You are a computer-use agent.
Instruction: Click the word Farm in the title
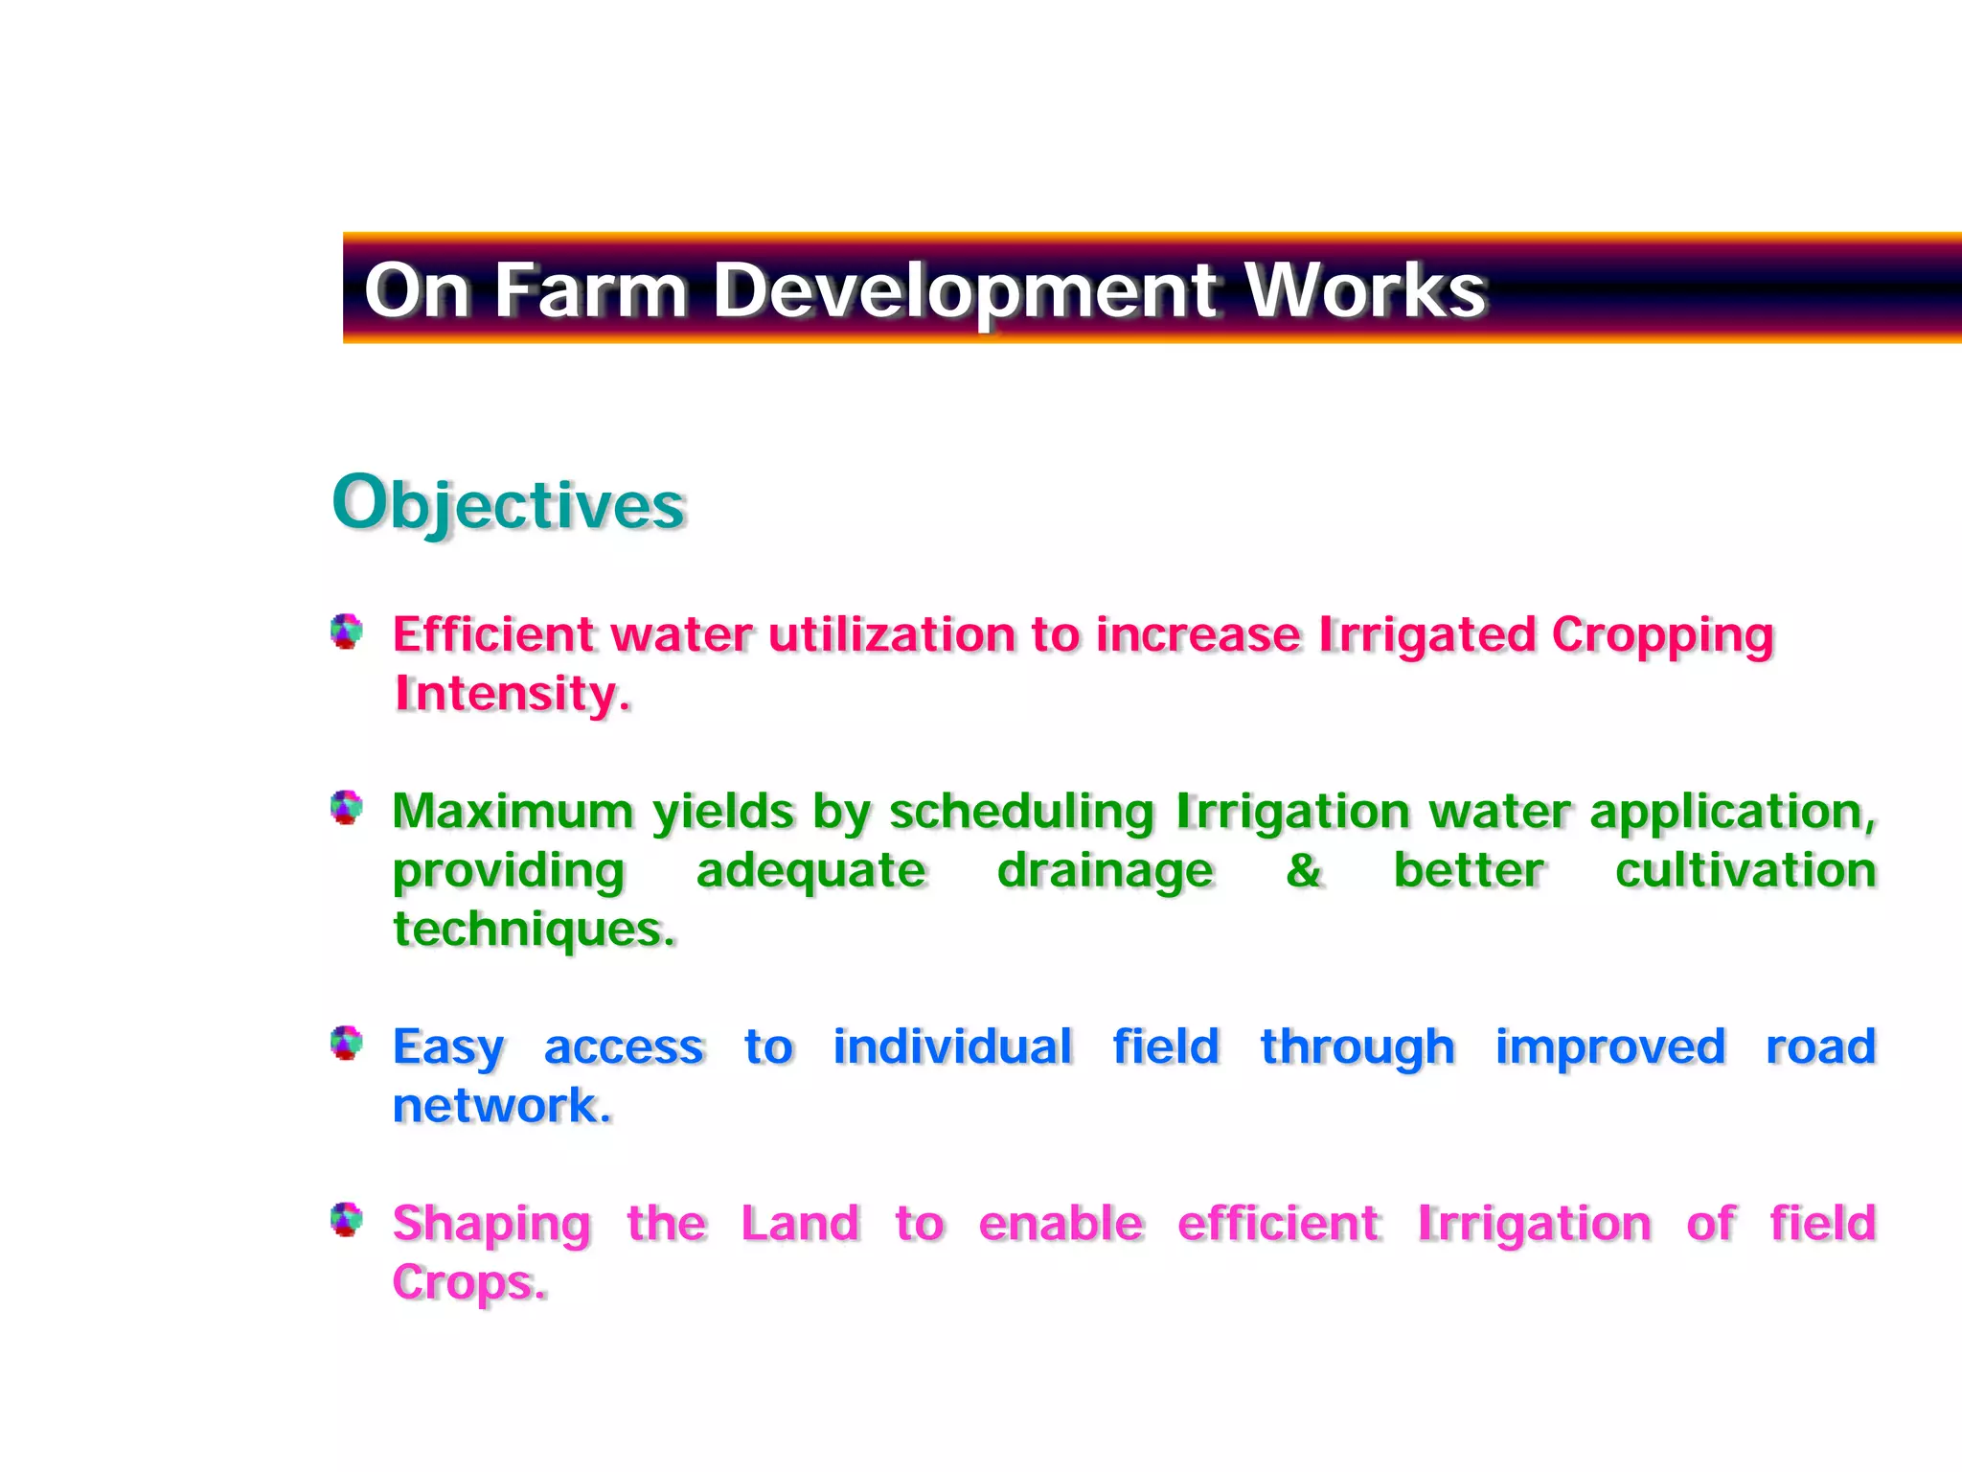pos(590,289)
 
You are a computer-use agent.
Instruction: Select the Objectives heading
pos(509,504)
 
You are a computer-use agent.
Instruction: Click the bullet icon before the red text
pos(347,632)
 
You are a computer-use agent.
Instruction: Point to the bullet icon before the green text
pos(347,808)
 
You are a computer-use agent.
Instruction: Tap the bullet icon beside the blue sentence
pos(347,1043)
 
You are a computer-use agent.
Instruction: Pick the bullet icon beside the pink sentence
pos(347,1220)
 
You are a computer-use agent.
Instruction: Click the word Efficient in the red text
pos(493,634)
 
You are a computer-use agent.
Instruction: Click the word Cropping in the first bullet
pos(1662,636)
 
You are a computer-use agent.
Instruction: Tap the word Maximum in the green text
pos(513,811)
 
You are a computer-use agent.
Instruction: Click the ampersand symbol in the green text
pos(1303,870)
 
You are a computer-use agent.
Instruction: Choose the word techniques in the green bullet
pos(533,930)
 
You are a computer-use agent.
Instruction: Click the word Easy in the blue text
pos(447,1047)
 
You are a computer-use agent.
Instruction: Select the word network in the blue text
pos(500,1105)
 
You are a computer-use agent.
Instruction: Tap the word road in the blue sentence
pos(1820,1046)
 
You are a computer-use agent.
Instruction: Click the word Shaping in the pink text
pos(491,1225)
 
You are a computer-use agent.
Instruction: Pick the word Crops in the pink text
pos(468,1282)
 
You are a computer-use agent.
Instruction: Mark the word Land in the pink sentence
pos(800,1223)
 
